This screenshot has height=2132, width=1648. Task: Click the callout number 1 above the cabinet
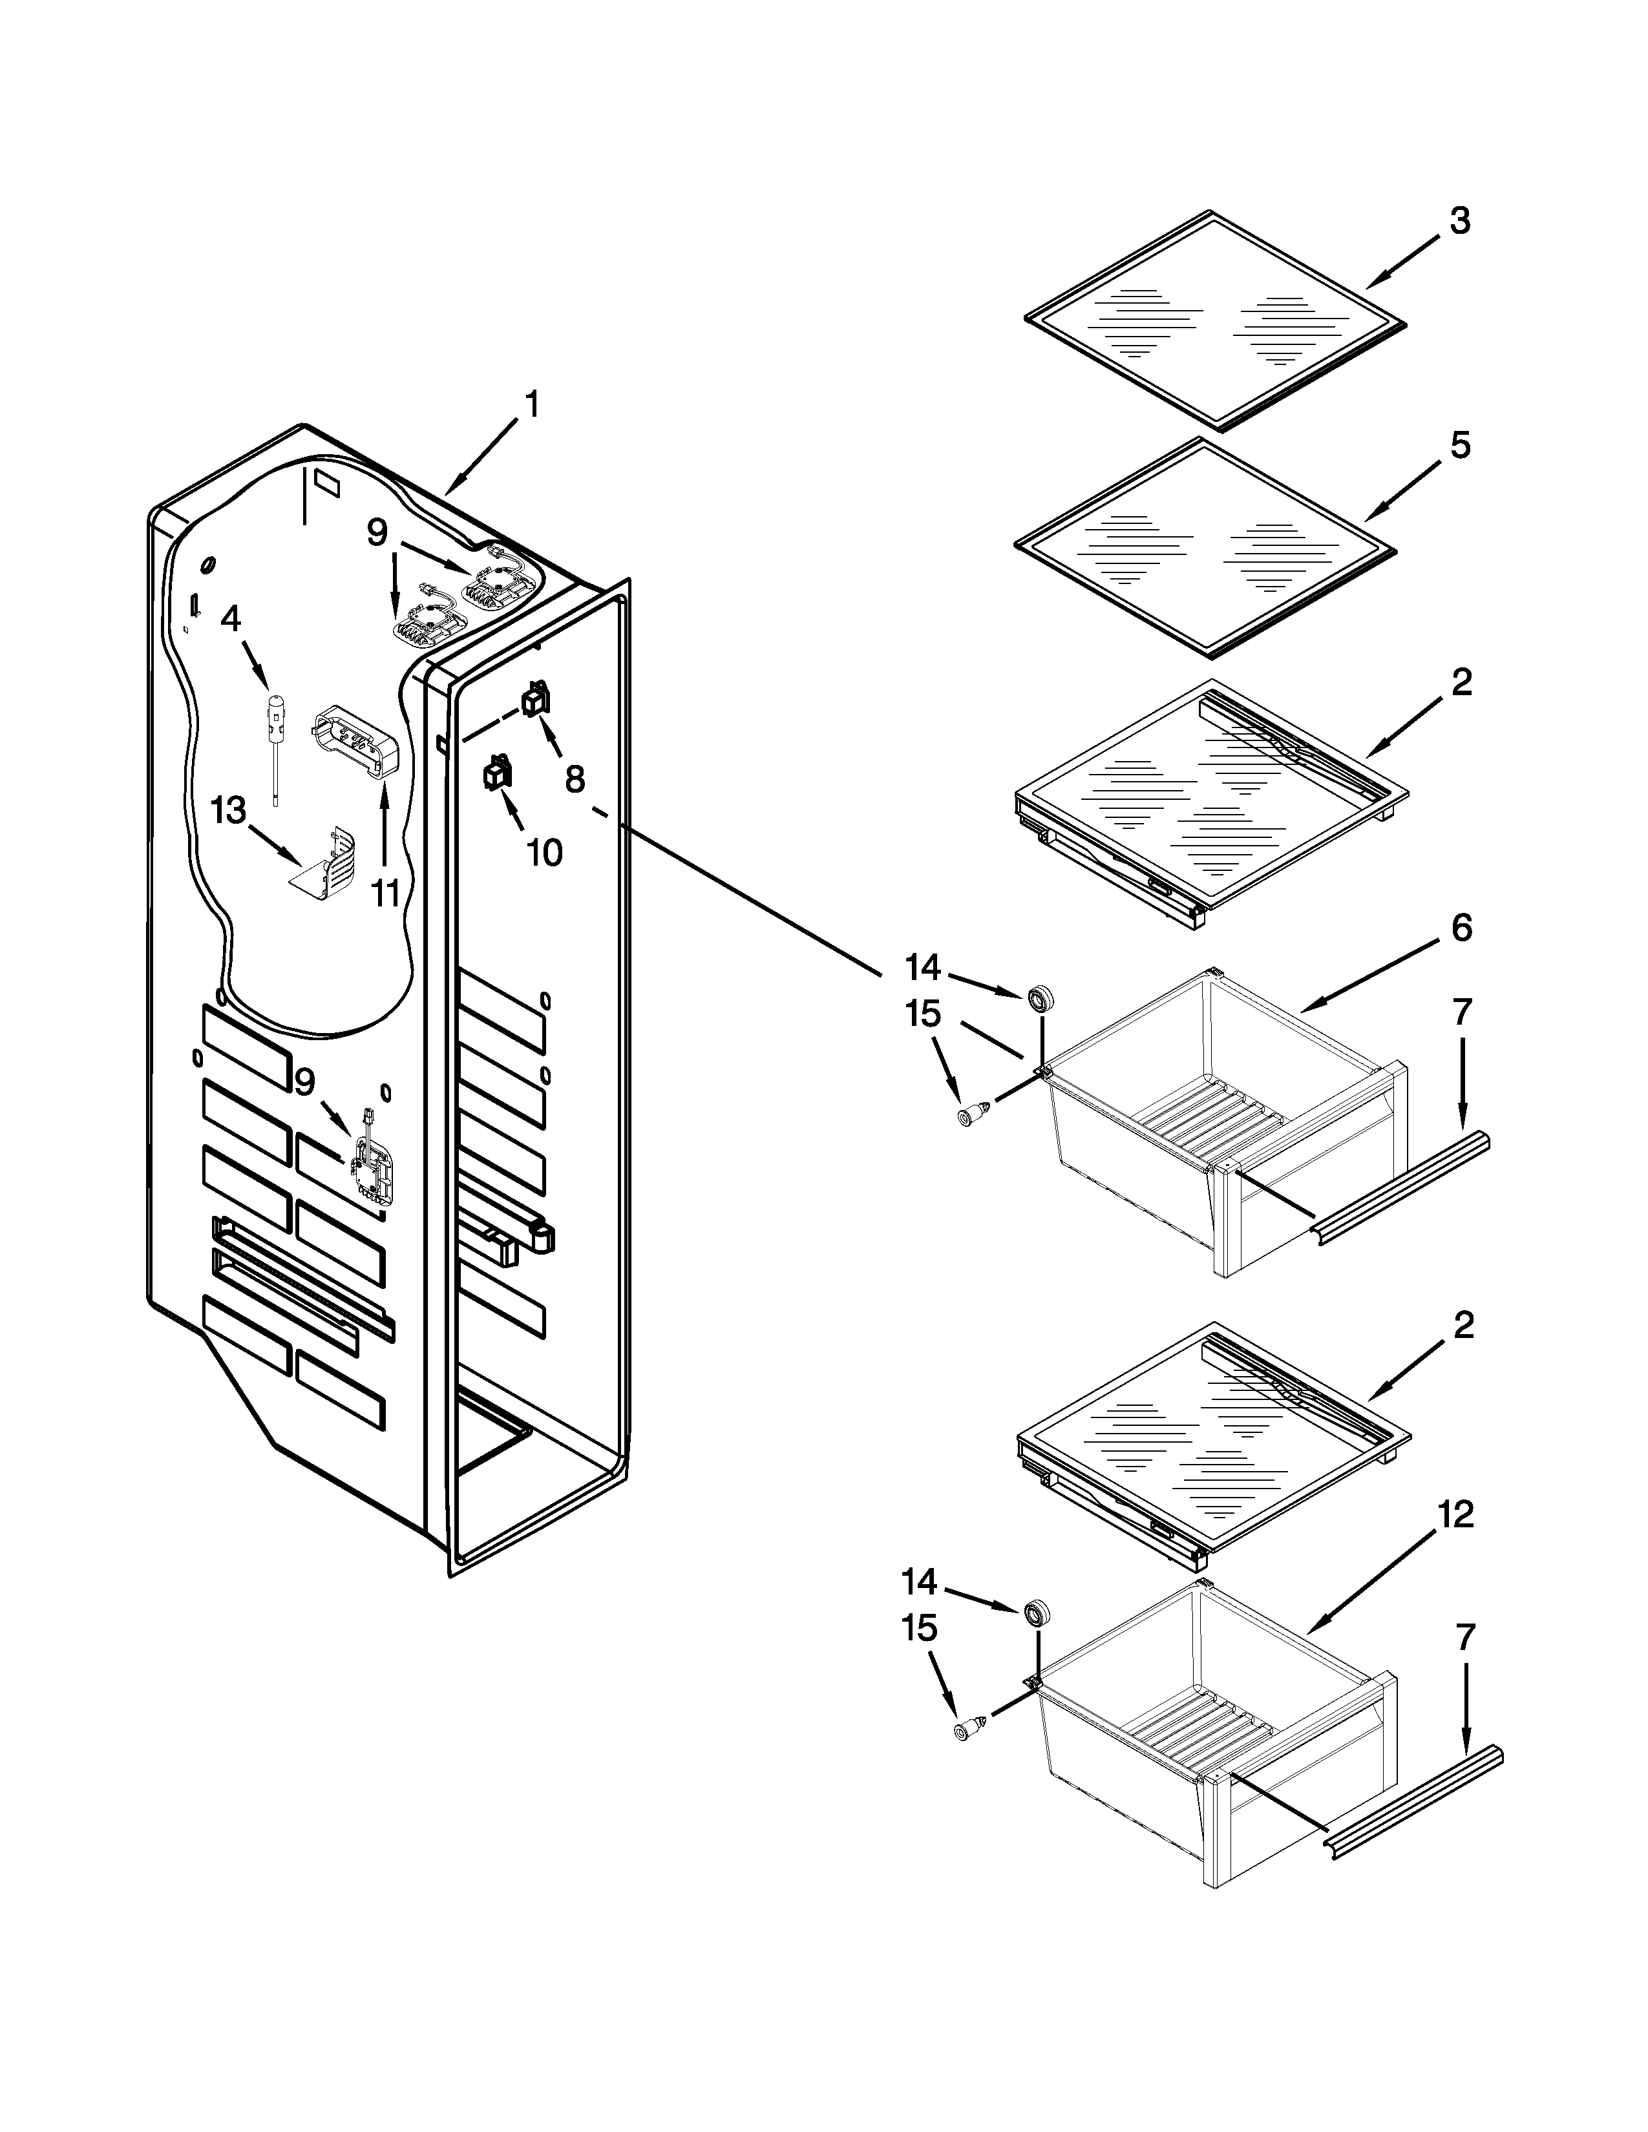531,404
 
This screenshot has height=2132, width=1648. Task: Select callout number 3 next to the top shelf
1459,222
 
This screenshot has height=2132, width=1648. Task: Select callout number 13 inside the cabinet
228,810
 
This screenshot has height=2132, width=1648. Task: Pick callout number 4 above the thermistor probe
231,619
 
